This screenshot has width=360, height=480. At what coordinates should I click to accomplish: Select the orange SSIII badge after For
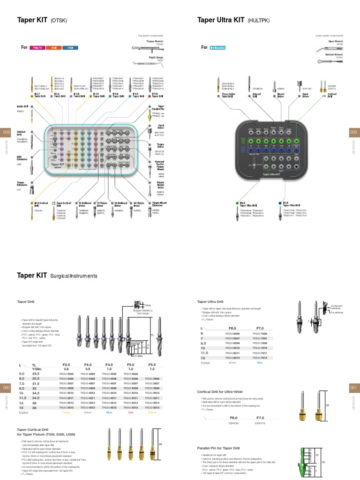coord(54,48)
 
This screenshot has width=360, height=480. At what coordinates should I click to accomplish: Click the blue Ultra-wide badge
coord(217,48)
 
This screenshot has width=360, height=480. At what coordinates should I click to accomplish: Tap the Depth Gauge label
coord(156,57)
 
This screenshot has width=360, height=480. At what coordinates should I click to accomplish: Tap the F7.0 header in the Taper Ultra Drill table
coord(260,329)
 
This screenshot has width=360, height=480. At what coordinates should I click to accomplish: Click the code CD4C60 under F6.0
coord(233,423)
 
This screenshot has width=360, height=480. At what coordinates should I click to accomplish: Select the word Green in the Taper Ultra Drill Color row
coord(233,362)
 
